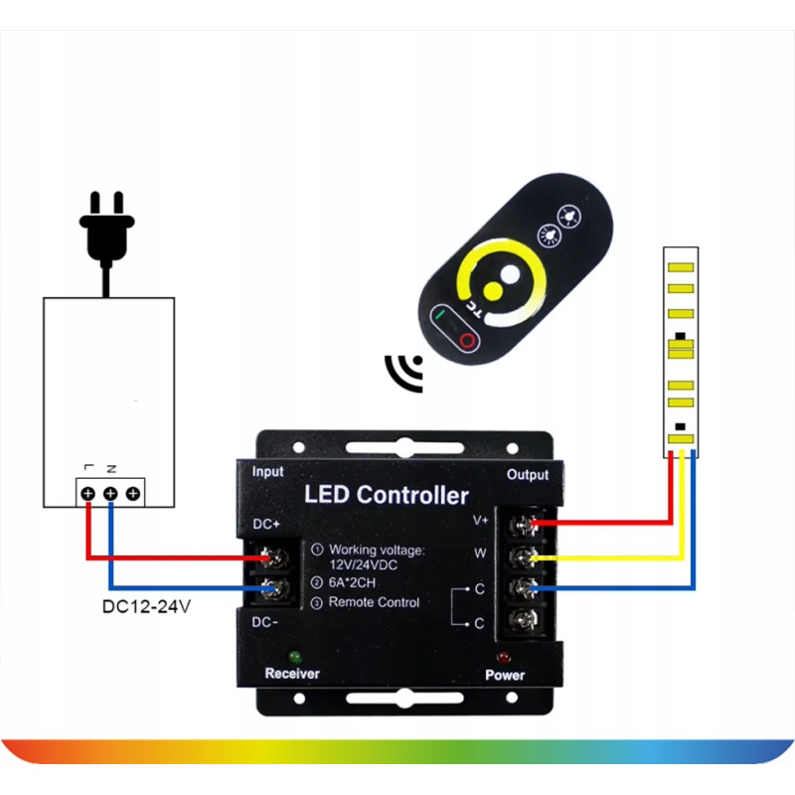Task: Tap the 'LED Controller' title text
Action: point(387,495)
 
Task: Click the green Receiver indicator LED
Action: point(294,658)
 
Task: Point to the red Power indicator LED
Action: point(504,658)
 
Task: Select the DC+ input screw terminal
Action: point(274,557)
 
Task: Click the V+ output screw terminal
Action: point(524,526)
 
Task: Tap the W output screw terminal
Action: point(524,557)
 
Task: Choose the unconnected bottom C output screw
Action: point(524,618)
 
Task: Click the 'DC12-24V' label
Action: point(146,606)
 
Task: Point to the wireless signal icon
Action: point(405,372)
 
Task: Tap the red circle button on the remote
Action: point(467,341)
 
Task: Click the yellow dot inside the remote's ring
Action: point(492,290)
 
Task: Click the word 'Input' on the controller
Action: point(267,471)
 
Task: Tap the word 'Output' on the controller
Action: point(528,475)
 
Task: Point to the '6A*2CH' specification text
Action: point(352,582)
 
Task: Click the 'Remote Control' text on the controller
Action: point(374,602)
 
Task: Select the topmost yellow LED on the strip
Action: point(681,267)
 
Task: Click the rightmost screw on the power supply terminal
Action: point(133,493)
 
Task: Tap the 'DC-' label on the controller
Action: point(264,622)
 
